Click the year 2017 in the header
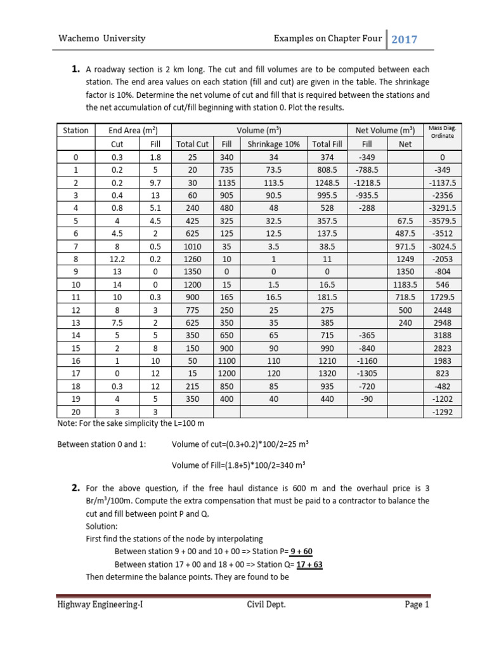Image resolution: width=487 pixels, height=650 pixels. click(404, 39)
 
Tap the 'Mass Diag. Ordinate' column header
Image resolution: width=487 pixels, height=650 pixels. click(442, 132)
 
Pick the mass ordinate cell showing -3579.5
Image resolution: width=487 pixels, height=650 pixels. click(442, 220)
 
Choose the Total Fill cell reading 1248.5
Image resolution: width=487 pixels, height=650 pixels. click(327, 182)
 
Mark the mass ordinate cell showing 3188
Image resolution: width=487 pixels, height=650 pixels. click(442, 335)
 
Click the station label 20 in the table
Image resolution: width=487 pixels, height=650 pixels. click(75, 412)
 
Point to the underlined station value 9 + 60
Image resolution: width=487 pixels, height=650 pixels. click(307, 551)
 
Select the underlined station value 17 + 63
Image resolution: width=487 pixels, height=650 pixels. click(309, 564)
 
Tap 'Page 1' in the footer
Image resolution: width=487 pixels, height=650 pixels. click(417, 605)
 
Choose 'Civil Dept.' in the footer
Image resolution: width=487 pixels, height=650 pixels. click(266, 605)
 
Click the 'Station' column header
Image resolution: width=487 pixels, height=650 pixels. click(75, 130)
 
